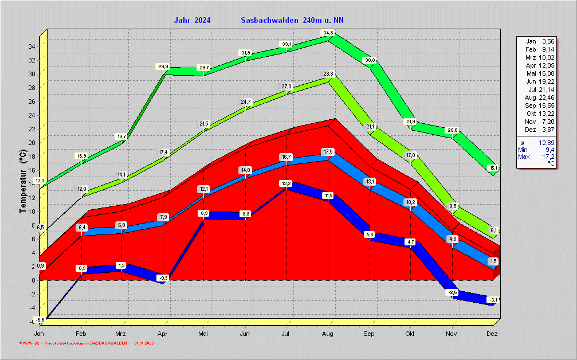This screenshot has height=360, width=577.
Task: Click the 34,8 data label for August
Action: pyautogui.click(x=328, y=33)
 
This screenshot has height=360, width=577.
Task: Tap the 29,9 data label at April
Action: pyautogui.click(x=163, y=66)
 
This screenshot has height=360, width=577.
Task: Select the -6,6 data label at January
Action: pyautogui.click(x=40, y=319)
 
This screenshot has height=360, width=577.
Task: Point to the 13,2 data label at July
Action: pyautogui.click(x=286, y=183)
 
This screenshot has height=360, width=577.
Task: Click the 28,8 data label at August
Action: pyautogui.click(x=328, y=74)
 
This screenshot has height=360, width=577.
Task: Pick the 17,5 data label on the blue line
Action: pyautogui.click(x=328, y=151)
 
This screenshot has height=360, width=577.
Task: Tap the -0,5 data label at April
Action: pyautogui.click(x=163, y=277)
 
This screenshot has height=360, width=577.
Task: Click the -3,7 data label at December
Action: pyautogui.click(x=493, y=300)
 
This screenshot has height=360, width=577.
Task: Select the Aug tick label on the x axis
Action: pyautogui.click(x=328, y=334)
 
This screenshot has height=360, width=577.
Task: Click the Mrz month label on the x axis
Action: pyautogui.click(x=120, y=334)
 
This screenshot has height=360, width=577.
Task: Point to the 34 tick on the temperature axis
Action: pyautogui.click(x=33, y=46)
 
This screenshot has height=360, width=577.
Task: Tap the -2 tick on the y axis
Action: pyautogui.click(x=33, y=294)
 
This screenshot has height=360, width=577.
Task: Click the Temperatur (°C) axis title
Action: pyautogui.click(x=22, y=181)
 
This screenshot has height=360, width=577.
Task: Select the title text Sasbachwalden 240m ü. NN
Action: pyautogui.click(x=292, y=20)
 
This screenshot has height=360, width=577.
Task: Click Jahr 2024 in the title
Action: pyautogui.click(x=192, y=20)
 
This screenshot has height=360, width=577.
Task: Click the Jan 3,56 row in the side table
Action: pyautogui.click(x=539, y=41)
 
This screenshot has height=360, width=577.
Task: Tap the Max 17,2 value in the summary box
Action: pyautogui.click(x=539, y=156)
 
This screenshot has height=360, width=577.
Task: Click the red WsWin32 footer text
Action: pyautogui.click(x=86, y=343)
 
